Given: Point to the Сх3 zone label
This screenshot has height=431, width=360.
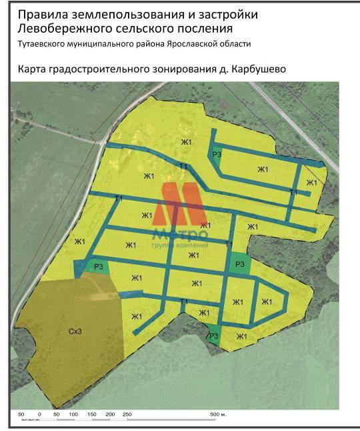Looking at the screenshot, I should (x=74, y=331).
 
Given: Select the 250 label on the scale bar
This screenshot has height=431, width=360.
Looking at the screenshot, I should (x=127, y=415).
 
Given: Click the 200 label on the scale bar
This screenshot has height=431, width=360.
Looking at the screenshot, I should (x=111, y=415).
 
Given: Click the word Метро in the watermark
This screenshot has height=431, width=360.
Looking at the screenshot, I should (x=180, y=234).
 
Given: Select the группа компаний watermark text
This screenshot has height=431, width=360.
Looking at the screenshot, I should (x=180, y=246).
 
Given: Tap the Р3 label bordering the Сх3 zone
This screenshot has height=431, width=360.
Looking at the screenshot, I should (x=98, y=267).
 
